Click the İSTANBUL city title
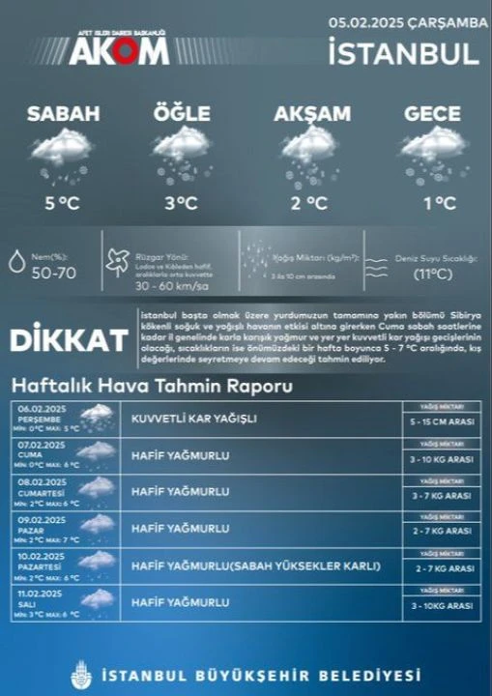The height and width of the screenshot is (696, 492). point(403,52)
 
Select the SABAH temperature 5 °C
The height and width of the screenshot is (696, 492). point(61,203)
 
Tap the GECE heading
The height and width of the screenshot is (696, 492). point(432,114)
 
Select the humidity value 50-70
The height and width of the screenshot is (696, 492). point(53,273)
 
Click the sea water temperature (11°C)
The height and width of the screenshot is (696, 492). point(433,274)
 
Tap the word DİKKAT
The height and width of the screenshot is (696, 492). point(69,341)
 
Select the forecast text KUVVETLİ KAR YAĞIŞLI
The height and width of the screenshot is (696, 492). point(194,419)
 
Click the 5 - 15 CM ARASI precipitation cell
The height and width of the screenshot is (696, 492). point(441,423)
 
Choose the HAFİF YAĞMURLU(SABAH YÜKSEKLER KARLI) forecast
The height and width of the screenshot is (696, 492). point(256,565)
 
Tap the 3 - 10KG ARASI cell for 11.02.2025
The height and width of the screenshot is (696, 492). point(441,606)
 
